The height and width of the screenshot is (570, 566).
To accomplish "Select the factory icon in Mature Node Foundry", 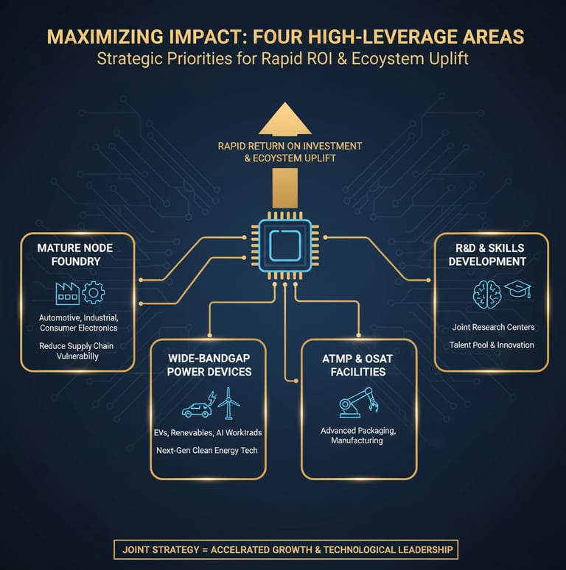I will [67, 293].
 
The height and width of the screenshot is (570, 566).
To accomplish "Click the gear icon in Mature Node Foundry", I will [94, 293].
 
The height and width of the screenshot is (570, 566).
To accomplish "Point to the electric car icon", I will [196, 409].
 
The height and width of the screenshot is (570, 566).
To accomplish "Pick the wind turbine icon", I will [228, 404].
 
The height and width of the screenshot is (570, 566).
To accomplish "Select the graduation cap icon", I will [517, 291].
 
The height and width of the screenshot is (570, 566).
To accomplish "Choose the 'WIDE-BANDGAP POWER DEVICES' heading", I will [209, 365].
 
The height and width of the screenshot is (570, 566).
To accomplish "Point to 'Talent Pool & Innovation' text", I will [493, 345].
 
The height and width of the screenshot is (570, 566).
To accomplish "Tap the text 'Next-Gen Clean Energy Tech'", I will [208, 450].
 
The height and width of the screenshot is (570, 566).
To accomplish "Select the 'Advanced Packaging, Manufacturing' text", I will [357, 434].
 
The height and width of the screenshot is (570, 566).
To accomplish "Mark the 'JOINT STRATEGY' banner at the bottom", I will [284, 549].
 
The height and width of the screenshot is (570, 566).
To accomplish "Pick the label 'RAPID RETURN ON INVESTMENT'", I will [290, 146].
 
